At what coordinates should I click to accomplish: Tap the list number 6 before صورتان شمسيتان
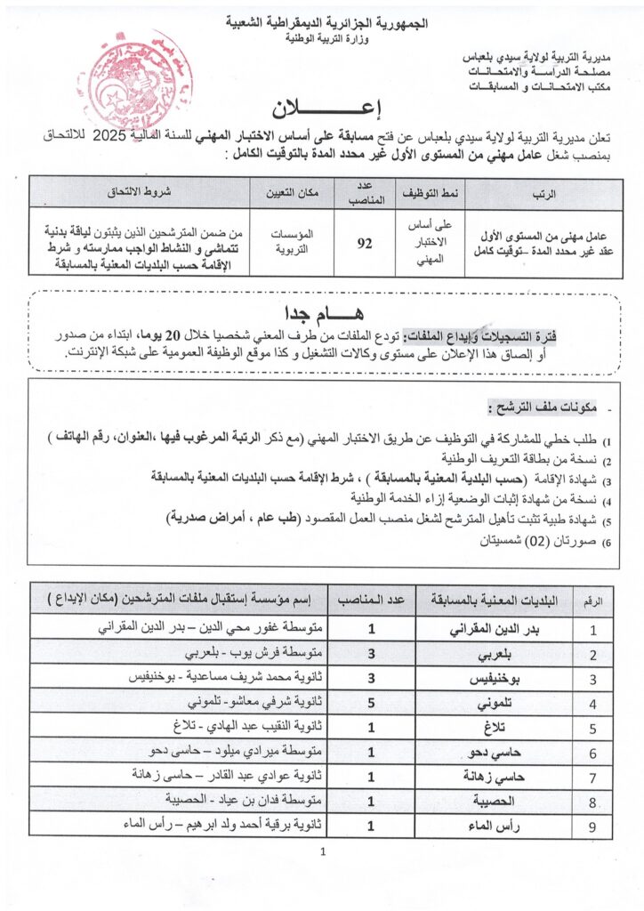point(607,542)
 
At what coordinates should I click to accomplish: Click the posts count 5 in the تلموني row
point(371,702)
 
